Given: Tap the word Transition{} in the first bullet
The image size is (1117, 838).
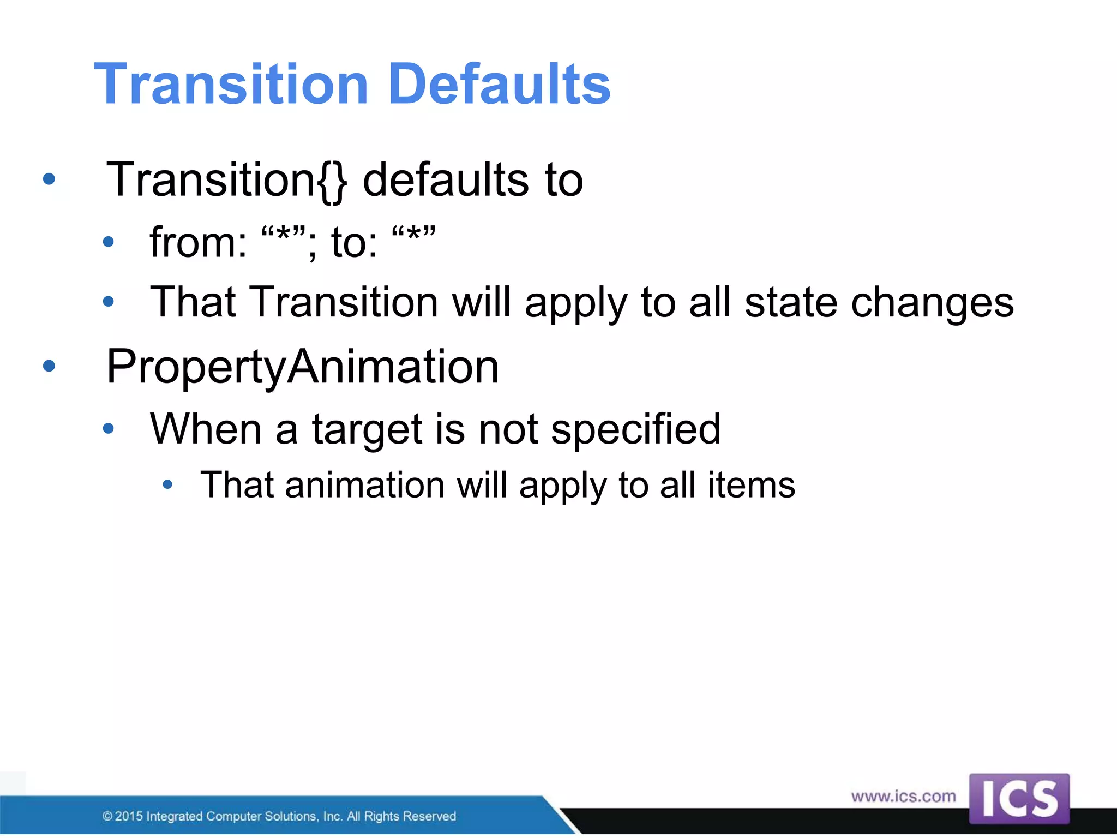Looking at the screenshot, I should [x=226, y=180].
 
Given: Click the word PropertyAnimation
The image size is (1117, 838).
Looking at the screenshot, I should [x=303, y=367].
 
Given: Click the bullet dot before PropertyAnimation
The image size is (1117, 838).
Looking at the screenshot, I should [x=49, y=366].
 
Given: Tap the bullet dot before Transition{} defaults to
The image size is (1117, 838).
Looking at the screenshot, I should [x=49, y=179].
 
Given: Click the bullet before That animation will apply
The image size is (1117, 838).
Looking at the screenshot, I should [x=167, y=484].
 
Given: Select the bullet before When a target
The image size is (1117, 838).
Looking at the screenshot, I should [x=109, y=429].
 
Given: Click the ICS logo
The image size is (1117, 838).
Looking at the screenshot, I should [x=1019, y=799].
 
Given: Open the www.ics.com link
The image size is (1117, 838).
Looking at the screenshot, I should [x=903, y=797].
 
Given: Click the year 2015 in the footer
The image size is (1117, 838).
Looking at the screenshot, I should [x=129, y=816].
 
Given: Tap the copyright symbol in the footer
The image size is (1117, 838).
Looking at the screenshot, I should [x=107, y=816].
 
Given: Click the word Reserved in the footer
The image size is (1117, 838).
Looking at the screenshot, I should [x=429, y=816].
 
